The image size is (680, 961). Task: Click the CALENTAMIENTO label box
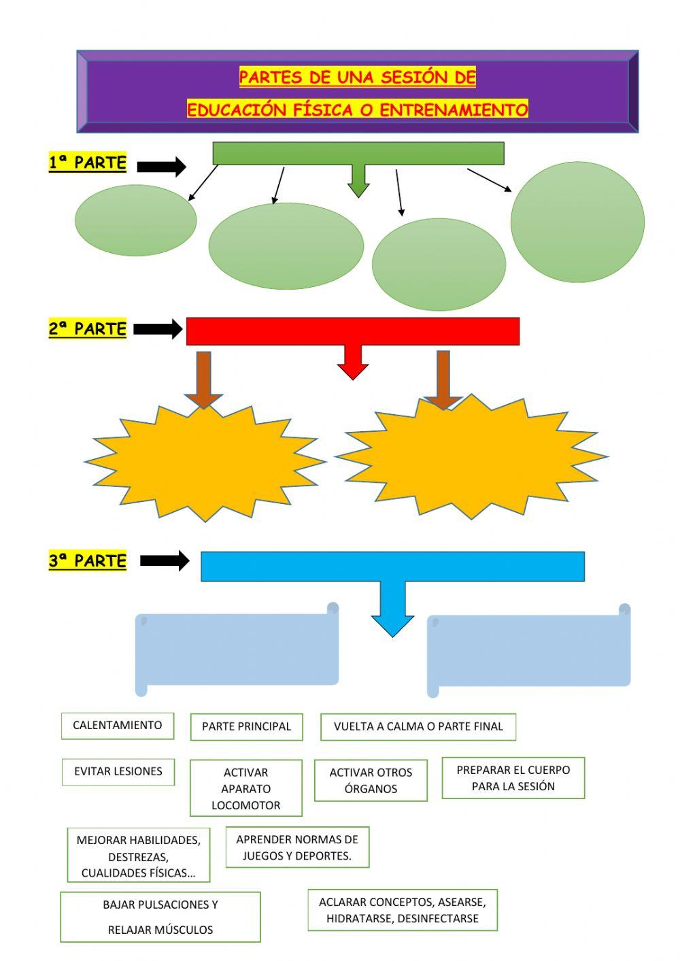pyautogui.click(x=117, y=726)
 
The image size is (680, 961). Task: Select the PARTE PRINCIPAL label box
pyautogui.click(x=246, y=726)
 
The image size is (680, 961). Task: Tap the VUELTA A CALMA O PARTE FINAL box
pyautogui.click(x=418, y=726)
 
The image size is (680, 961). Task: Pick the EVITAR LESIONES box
pyautogui.click(x=118, y=772)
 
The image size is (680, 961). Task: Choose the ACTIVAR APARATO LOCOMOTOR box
pyautogui.click(x=245, y=788)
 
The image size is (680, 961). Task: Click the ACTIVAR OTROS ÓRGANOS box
pyautogui.click(x=371, y=780)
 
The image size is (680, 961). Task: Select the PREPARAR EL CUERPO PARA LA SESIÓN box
pyautogui.click(x=513, y=778)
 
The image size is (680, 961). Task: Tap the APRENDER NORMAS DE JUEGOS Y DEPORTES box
pyautogui.click(x=297, y=847)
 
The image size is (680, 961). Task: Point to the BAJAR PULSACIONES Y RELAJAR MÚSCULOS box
pyautogui.click(x=160, y=917)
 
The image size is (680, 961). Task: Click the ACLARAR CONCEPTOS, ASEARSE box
pyautogui.click(x=403, y=910)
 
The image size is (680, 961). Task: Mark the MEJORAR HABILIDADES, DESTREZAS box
pyautogui.click(x=139, y=856)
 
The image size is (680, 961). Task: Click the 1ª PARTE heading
pyautogui.click(x=88, y=163)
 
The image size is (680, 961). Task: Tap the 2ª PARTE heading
pyautogui.click(x=88, y=329)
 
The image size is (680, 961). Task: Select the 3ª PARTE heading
pyautogui.click(x=88, y=561)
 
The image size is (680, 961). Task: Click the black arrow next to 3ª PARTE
pyautogui.click(x=165, y=560)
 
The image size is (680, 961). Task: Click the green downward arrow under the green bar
pyautogui.click(x=358, y=182)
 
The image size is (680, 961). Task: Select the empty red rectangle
pyautogui.click(x=353, y=331)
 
